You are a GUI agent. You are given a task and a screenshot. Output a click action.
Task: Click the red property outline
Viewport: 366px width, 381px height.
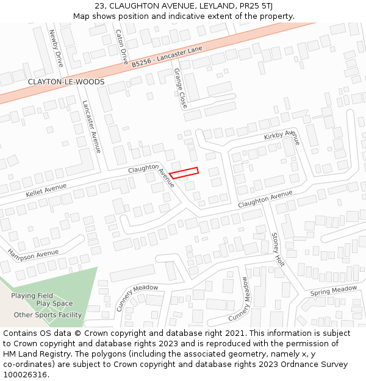coord(184,173)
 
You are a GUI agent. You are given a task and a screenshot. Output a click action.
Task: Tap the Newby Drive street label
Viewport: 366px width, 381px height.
coord(57,49)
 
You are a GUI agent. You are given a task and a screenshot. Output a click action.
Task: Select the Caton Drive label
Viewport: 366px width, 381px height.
coord(122,47)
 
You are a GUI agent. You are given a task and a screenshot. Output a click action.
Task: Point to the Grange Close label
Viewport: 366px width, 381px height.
coord(181,88)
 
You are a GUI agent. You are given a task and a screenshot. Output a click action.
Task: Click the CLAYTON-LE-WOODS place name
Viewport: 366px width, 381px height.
coord(66,82)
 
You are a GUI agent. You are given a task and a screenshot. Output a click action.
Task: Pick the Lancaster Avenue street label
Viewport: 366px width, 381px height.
coord(91,126)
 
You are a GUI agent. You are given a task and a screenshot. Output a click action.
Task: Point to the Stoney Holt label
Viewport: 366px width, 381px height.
coord(278,249)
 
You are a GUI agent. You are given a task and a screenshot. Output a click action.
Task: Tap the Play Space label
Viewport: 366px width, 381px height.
coord(54,304)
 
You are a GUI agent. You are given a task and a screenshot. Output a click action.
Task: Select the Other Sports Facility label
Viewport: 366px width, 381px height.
coord(48,315)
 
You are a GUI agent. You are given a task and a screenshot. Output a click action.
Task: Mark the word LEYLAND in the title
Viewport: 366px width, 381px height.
coord(215,5)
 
